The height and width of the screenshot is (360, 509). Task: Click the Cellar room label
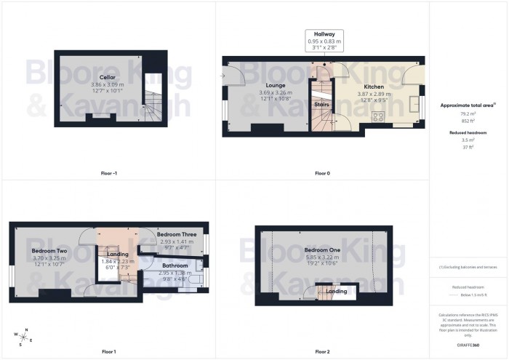pyautogui.click(x=107, y=77)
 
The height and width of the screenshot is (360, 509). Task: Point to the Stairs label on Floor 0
pyautogui.click(x=322, y=105)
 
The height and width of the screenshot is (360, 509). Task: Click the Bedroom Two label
pyautogui.click(x=49, y=251)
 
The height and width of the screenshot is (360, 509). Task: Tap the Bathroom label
pyautogui.click(x=175, y=266)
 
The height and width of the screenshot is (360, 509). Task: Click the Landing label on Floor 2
pyautogui.click(x=336, y=292)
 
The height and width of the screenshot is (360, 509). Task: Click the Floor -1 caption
pyautogui.click(x=108, y=173)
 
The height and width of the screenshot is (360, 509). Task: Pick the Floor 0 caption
pyautogui.click(x=322, y=173)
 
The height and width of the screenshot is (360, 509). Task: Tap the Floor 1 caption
pyautogui.click(x=108, y=351)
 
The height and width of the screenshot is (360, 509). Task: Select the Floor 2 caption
pyautogui.click(x=322, y=351)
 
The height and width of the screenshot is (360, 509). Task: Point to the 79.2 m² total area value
pyautogui.click(x=468, y=113)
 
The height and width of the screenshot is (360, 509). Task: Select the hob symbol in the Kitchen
pyautogui.click(x=379, y=116)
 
